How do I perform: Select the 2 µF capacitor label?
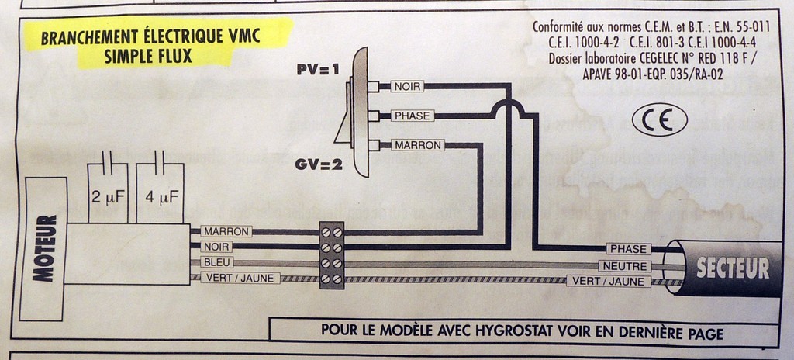pos(109,197)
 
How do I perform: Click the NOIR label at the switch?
pos(406,86)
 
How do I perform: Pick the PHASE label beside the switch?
pos(412,116)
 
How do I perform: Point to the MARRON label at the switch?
pos(417,145)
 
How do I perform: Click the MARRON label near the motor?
pos(226,231)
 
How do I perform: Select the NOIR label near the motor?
pos(216,247)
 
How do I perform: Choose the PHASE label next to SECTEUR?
pos(628,249)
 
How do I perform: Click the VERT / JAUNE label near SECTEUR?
pos(608,281)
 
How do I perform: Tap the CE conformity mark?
pos(659,120)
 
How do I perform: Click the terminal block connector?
pos(332,255)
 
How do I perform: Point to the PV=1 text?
pos(318,70)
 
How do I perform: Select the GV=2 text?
pos(318,164)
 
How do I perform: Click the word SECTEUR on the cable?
pos(733,268)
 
